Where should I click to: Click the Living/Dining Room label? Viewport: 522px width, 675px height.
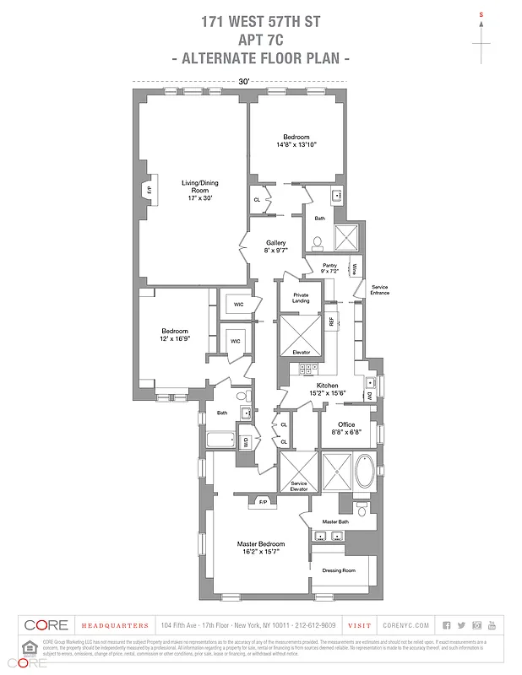pos(195,190)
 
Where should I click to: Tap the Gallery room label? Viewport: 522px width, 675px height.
pos(276,246)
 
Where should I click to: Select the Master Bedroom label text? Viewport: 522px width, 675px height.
pos(260,548)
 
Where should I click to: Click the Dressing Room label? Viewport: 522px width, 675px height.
pos(339,570)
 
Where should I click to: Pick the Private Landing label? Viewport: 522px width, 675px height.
pos(300,299)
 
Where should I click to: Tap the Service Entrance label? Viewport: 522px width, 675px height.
pos(380,289)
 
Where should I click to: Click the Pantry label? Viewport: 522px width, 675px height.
pos(329,268)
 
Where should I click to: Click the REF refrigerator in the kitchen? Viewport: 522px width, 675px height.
pos(332,321)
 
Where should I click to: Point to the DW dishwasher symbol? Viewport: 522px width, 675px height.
pos(369,395)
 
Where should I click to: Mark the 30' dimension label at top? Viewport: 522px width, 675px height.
pos(243,81)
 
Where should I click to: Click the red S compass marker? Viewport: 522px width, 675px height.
pos(481,15)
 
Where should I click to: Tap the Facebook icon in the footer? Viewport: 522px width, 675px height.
pos(447,625)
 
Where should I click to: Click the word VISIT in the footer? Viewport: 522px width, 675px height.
pos(359,625)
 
